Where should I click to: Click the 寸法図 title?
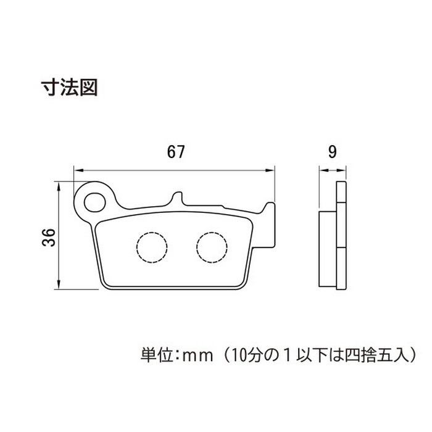[x=69, y=88]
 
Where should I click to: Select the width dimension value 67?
[x=175, y=152]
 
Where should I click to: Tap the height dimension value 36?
[x=49, y=237]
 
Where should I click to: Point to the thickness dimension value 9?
[x=333, y=152]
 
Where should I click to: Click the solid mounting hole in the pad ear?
[x=95, y=202]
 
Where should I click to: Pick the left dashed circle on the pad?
[x=152, y=247]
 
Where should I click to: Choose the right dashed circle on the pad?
[x=212, y=247]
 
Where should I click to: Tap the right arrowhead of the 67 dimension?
[x=270, y=170]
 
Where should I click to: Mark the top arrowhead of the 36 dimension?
[x=59, y=186]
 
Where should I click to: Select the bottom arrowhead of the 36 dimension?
[x=59, y=285]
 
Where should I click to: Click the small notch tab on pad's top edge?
[x=178, y=197]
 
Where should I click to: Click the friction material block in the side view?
[x=328, y=249]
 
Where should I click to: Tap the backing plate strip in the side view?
[x=341, y=236]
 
